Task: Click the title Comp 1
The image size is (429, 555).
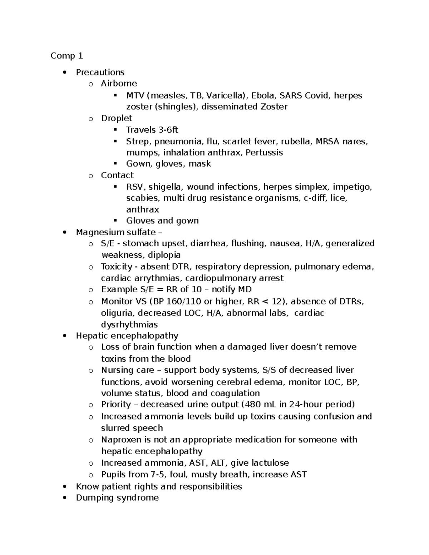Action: [x=66, y=56]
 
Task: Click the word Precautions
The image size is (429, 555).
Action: [x=100, y=72]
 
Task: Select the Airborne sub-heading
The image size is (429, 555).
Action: [x=119, y=83]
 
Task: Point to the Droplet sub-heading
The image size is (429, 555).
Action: [x=117, y=118]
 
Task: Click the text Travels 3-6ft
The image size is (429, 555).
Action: [x=152, y=130]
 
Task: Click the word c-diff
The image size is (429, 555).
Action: [x=315, y=198]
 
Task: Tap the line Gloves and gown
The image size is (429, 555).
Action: [x=162, y=221]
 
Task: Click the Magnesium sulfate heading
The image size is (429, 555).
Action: [x=116, y=232]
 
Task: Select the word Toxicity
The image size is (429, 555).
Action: [x=117, y=267]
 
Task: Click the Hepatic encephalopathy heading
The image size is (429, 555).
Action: [x=127, y=336]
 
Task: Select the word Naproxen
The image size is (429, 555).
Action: [x=118, y=440]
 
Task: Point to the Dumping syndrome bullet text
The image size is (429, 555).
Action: [x=117, y=498]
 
